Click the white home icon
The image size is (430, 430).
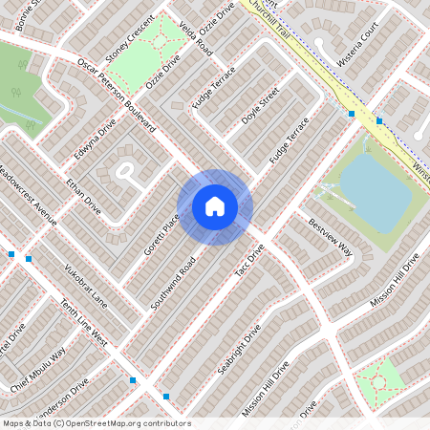click(215, 206)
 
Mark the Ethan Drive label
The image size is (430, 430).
click(82, 195)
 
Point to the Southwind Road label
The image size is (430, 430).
click(174, 282)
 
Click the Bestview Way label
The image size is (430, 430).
click(331, 238)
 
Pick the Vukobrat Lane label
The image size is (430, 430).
click(86, 283)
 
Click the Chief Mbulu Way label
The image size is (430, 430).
click(38, 369)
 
